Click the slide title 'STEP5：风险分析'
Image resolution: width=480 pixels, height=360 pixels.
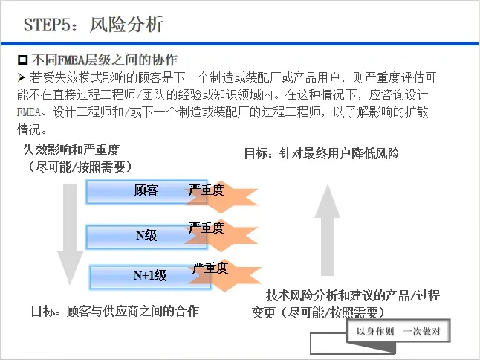(94, 25)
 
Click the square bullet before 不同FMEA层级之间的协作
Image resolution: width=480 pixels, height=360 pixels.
(22, 60)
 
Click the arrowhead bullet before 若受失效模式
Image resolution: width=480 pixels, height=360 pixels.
(21, 77)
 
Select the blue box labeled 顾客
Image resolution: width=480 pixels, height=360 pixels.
(134, 191)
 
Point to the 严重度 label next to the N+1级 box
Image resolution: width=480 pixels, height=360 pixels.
(210, 267)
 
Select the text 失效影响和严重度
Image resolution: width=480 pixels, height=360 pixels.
(71, 150)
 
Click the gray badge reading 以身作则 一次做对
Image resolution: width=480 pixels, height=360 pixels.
(398, 332)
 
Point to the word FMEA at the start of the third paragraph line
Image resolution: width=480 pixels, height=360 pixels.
(30, 112)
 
